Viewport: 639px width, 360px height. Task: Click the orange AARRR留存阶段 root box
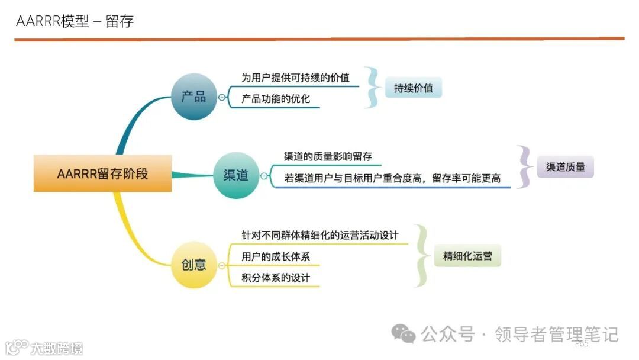[x=102, y=173]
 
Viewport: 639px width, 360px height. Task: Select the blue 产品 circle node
[x=193, y=97]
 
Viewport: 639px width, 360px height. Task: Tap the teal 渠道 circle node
[x=236, y=175]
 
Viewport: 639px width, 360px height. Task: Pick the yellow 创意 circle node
[x=193, y=265]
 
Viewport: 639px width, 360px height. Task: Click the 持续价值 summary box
[x=414, y=88]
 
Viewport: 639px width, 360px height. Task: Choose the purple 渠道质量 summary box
[x=565, y=167]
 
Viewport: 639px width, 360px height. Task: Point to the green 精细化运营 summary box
[x=467, y=256]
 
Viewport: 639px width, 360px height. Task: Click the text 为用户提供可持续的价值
[x=295, y=78]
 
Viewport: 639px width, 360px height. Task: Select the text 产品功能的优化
[x=276, y=99]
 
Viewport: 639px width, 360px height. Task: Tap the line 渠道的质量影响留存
[x=328, y=156]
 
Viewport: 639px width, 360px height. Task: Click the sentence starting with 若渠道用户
[x=392, y=178]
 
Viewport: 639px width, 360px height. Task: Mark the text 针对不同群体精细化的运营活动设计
[x=320, y=235]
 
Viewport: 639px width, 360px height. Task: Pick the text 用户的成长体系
[x=276, y=257]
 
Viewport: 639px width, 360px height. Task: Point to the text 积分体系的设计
[x=276, y=278]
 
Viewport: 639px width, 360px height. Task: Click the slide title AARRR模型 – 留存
[x=75, y=22]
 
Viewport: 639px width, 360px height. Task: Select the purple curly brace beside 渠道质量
[x=524, y=166]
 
